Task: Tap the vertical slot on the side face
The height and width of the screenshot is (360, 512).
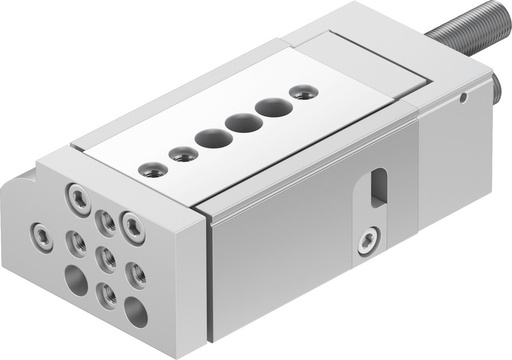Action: point(378,187)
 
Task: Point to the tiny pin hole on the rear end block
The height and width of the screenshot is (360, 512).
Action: point(464,98)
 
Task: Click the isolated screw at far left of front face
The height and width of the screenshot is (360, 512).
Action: point(42,236)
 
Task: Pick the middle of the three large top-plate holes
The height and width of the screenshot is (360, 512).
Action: point(243,123)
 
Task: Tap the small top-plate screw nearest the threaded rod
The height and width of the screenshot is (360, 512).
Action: point(300,92)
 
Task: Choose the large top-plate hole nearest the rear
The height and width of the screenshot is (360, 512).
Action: point(272,107)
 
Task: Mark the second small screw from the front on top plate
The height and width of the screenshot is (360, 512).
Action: point(182,154)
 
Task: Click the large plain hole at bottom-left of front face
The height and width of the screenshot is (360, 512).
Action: point(77,279)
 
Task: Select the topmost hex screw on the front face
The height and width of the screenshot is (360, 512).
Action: point(78,195)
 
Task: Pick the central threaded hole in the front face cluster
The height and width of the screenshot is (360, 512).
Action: point(105,257)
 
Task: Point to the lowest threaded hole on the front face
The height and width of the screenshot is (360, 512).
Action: point(106,294)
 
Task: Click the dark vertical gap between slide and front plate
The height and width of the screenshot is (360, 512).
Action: point(208,280)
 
